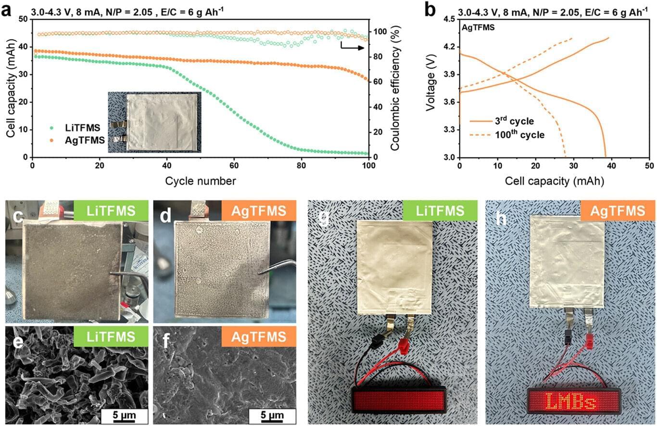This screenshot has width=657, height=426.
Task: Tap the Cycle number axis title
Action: [x=200, y=181]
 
